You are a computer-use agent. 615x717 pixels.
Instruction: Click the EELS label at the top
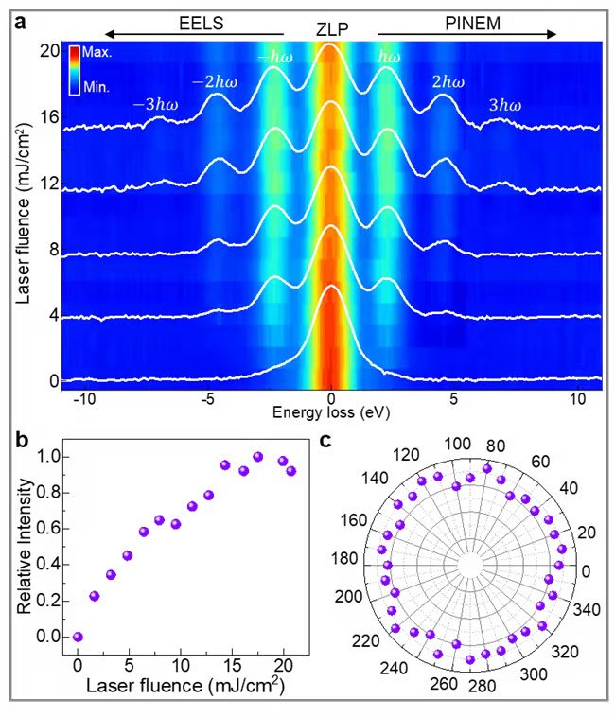click(199, 24)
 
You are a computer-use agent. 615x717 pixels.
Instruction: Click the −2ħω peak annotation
click(215, 82)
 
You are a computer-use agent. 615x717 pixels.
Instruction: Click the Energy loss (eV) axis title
click(330, 413)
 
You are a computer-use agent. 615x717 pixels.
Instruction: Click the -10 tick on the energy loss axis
click(85, 398)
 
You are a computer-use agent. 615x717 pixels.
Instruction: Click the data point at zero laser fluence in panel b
click(78, 637)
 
